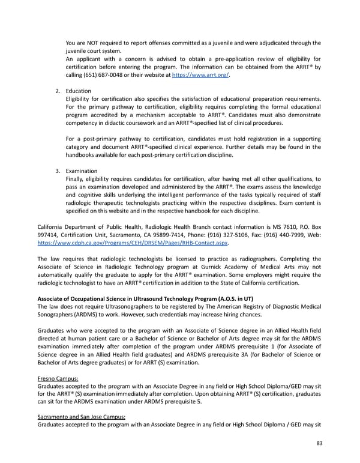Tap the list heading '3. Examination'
(77, 171)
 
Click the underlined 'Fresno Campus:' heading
(58, 379)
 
